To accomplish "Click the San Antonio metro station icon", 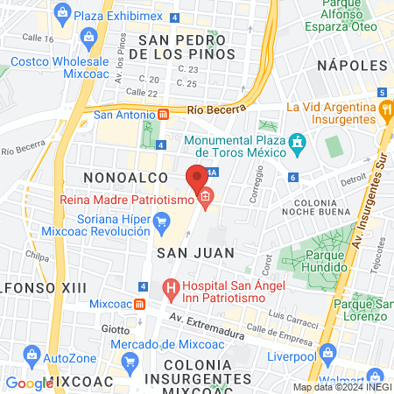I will click(x=163, y=114).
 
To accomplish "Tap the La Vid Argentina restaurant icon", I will click(x=385, y=109).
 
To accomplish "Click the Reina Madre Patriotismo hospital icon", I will click(x=205, y=200).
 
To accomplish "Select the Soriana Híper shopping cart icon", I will click(x=160, y=224).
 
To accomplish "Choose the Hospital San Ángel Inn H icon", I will click(x=171, y=285).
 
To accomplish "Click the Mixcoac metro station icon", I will click(x=139, y=304).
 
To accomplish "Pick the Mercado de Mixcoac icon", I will click(x=129, y=361).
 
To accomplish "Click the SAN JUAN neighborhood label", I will click(x=196, y=252).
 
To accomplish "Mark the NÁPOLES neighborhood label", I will click(x=351, y=66).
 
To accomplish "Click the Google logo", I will click(x=29, y=383).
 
